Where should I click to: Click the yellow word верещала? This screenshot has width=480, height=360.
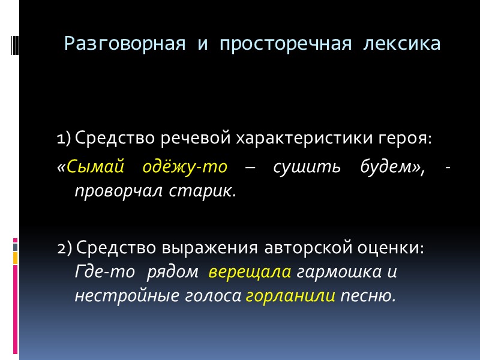point(250,272)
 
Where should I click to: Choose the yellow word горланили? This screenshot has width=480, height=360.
point(290,296)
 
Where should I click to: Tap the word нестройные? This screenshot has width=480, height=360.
point(117,296)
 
